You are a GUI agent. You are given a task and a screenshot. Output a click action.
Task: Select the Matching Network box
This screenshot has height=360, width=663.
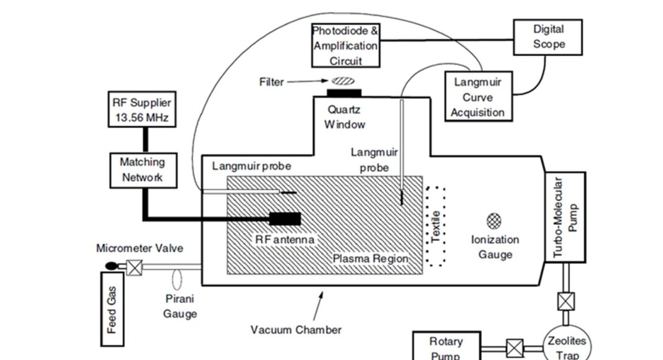[143, 169]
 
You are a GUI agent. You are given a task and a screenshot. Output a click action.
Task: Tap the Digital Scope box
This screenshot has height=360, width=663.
[548, 37]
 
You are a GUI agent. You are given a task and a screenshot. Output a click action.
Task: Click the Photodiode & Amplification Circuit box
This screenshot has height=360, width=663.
[345, 45]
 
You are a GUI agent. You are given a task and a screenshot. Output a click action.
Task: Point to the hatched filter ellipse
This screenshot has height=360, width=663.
[342, 80]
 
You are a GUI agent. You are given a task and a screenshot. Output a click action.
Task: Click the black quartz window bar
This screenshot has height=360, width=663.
[345, 94]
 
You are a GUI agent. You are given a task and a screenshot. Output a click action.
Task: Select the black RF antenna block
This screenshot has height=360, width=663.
[285, 218]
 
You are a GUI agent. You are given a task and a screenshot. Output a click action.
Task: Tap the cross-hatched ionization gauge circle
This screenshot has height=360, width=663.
[495, 220]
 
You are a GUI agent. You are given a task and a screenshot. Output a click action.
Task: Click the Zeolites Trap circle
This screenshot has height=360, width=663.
[566, 346]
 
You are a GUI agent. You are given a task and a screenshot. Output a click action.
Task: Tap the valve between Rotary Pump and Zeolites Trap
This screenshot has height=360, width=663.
[514, 348]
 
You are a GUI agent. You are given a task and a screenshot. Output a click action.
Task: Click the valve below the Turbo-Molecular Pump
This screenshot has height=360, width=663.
[566, 301]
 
